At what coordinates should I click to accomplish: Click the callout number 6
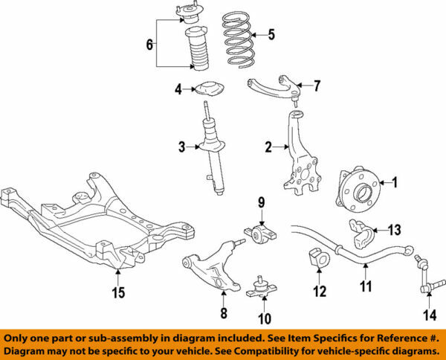(150, 45)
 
